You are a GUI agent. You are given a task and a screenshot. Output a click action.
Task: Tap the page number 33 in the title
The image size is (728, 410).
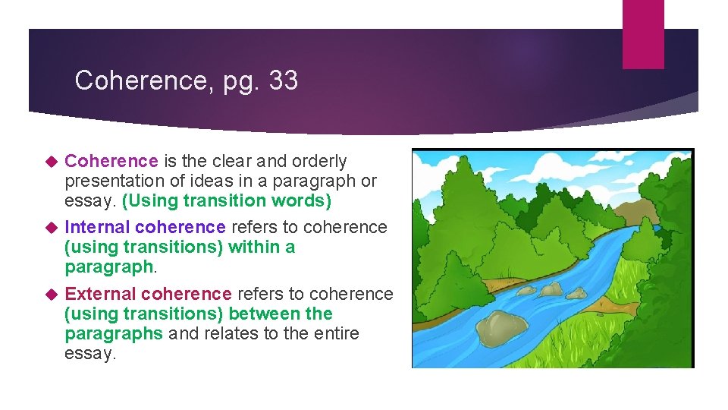[x=282, y=80]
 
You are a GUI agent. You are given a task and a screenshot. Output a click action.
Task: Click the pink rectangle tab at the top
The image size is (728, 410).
[x=642, y=34]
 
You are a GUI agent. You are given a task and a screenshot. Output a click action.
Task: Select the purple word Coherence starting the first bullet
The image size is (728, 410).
[x=111, y=161]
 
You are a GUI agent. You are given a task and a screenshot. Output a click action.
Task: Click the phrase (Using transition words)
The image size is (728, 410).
[x=227, y=200]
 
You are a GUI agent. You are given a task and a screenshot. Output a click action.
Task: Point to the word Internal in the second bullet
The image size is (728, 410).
[x=97, y=227]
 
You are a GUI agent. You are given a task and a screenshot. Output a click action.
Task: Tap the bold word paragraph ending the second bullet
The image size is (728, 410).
[x=108, y=266]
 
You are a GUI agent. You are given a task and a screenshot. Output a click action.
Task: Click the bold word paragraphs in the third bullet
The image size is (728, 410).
[x=114, y=333]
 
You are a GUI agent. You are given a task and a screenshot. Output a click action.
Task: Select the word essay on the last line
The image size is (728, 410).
[x=90, y=353]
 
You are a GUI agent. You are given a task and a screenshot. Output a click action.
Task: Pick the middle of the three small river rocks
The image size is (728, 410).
[x=551, y=289]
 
